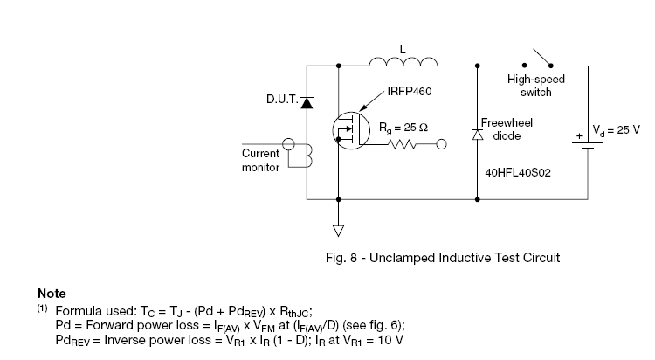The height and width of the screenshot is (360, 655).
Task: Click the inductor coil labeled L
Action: [403, 61]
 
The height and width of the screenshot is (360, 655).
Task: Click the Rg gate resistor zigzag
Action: [408, 145]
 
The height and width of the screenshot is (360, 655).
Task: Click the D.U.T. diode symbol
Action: [307, 101]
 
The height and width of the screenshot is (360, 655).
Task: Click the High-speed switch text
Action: [537, 85]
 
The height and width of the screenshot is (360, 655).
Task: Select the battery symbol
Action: [587, 142]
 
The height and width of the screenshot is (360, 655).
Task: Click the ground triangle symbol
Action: [338, 231]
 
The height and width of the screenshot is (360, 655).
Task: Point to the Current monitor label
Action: [259, 160]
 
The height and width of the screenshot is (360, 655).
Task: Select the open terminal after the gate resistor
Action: [441, 145]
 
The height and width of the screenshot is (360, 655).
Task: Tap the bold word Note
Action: [52, 294]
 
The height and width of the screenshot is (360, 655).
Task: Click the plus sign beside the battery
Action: [577, 137]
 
